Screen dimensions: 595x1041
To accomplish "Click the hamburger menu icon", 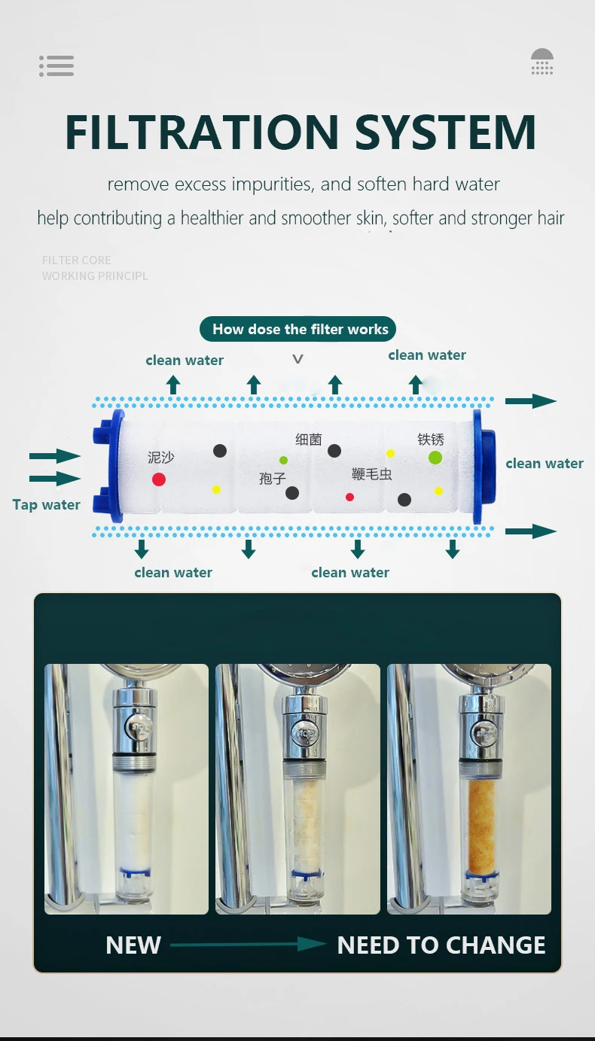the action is (56, 66).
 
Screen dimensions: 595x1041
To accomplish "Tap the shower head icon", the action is (542, 62).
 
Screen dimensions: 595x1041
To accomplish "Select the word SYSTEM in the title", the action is (445, 133).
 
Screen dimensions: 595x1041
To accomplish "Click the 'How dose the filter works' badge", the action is (297, 329).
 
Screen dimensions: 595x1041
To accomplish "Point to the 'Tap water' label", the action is (46, 505).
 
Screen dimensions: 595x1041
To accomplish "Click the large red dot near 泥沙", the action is (159, 479).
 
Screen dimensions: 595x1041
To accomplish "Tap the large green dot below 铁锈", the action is (435, 457).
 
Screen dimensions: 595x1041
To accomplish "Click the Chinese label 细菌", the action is (308, 440).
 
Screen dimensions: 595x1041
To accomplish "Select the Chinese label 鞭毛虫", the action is (372, 474).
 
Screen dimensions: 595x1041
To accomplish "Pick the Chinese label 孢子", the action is (273, 478).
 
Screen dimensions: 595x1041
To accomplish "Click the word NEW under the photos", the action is (133, 945).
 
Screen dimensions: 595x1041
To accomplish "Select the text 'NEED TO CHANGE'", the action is (441, 945).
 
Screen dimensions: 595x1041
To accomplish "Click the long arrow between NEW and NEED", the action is (249, 944).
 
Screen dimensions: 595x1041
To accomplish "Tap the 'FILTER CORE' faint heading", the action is (77, 260).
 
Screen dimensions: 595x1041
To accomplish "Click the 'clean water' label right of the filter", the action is (545, 464).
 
